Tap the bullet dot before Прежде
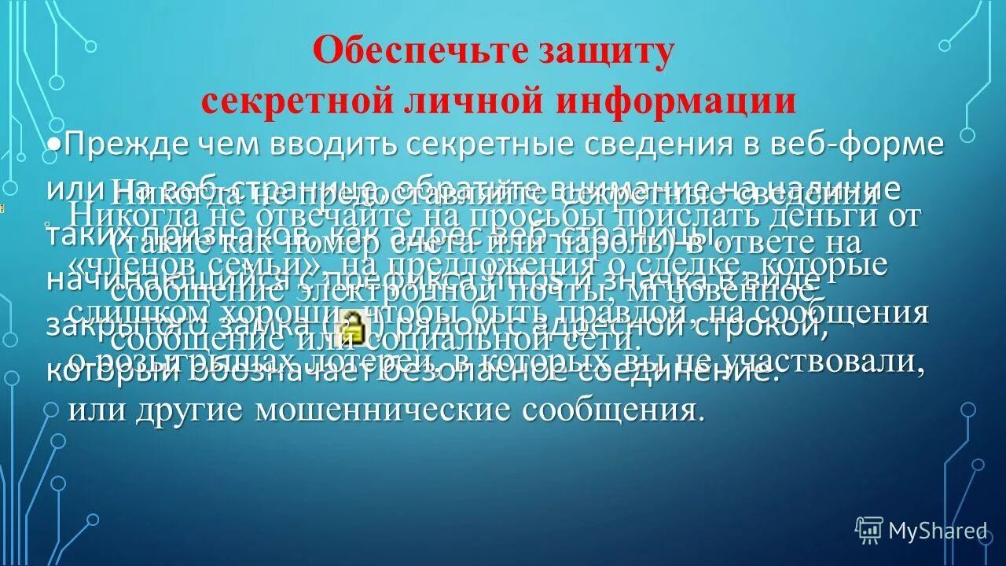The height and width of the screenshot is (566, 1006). [x=53, y=145]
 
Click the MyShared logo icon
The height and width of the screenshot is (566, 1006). [x=869, y=531]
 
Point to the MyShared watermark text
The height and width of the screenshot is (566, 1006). [x=937, y=531]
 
